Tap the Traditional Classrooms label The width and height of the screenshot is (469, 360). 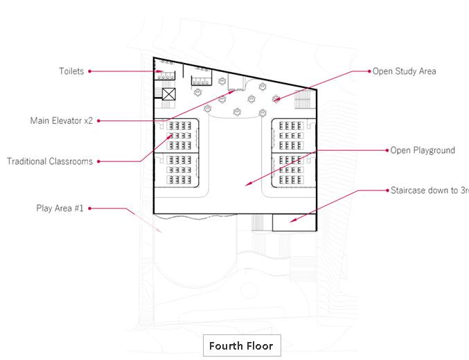click(x=50, y=161)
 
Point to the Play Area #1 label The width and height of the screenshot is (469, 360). click(x=60, y=208)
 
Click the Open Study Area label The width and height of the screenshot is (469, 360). click(x=405, y=71)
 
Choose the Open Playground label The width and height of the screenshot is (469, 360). click(x=422, y=150)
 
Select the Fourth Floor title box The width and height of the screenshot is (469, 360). click(x=241, y=345)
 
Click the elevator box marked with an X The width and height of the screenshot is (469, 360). click(x=169, y=96)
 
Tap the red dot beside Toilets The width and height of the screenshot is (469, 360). click(x=90, y=71)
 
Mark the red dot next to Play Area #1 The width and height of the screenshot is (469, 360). click(x=90, y=208)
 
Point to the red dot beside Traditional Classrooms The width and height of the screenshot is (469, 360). click(x=98, y=162)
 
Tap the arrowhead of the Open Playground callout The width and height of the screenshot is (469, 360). click(x=247, y=184)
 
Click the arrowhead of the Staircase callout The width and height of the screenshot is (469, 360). click(x=292, y=222)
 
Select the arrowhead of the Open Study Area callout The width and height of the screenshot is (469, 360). click(x=274, y=101)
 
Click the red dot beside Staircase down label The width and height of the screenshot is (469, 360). click(x=385, y=190)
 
